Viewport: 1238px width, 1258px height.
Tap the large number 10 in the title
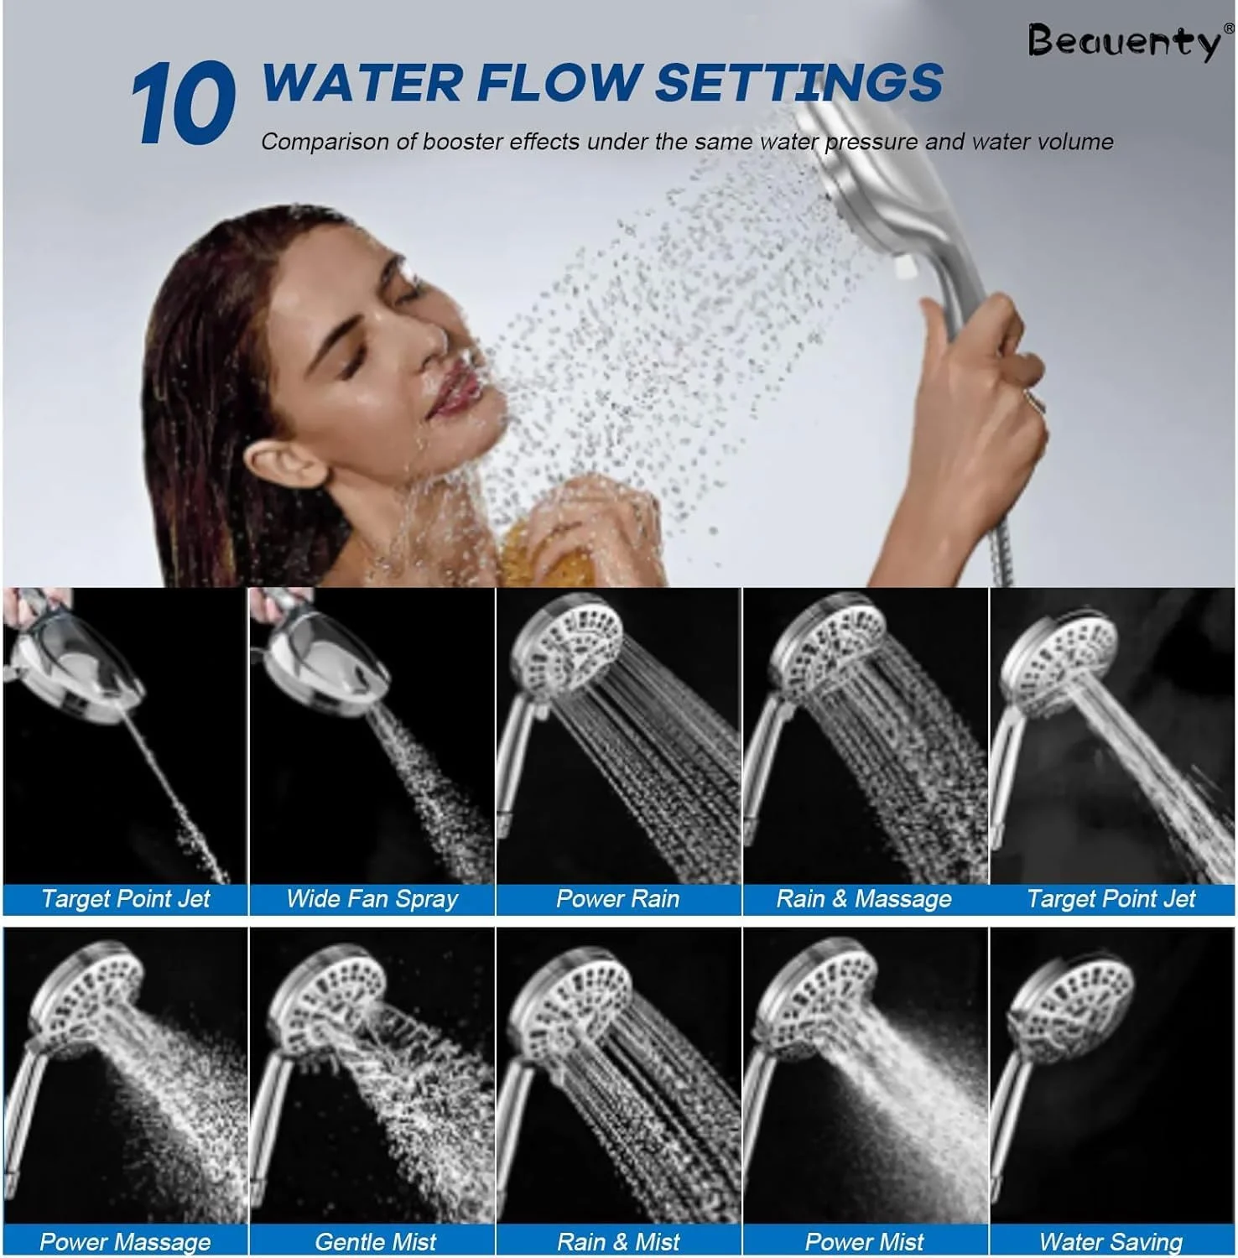(183, 104)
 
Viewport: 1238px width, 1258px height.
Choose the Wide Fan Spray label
(372, 899)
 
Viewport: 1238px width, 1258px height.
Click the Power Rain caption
(617, 899)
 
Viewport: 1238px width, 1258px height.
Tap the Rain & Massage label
(864, 899)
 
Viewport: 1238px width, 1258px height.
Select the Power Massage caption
(125, 1241)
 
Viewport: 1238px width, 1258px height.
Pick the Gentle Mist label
(375, 1241)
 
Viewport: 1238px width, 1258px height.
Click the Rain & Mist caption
(617, 1241)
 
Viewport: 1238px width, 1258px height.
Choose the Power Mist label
(864, 1241)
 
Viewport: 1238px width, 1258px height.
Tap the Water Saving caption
(1111, 1241)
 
